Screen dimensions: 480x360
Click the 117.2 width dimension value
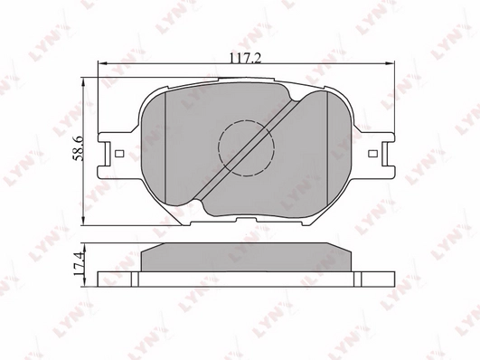[246, 58]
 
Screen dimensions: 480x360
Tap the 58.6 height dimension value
[79, 149]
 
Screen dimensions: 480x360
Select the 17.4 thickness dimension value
[79, 263]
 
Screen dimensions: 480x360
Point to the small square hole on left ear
[119, 153]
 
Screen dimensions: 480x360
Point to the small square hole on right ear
[372, 153]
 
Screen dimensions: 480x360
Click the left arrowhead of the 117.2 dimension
[102, 63]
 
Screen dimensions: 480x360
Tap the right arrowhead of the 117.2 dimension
[391, 63]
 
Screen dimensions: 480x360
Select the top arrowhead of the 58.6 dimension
[83, 82]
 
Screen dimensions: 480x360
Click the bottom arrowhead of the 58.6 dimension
[83, 222]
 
